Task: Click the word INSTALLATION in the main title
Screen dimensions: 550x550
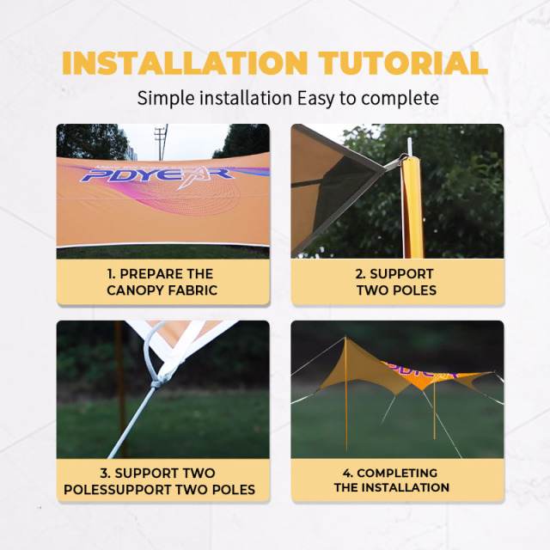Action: click(185, 63)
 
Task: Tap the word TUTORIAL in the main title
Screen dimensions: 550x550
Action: click(403, 63)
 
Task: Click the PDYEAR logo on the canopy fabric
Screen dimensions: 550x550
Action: click(157, 175)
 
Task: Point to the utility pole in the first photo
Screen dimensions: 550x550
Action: click(162, 142)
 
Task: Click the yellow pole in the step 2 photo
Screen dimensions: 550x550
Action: click(413, 207)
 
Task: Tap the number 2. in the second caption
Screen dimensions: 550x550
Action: click(361, 274)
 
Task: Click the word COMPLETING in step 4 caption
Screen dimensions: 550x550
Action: click(397, 474)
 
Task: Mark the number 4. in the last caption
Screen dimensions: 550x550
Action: click(348, 474)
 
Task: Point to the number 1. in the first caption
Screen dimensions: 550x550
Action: click(112, 274)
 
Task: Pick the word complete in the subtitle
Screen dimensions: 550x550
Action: click(400, 99)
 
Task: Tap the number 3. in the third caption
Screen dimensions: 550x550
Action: click(105, 474)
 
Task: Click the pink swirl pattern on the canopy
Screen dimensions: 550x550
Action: click(197, 199)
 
